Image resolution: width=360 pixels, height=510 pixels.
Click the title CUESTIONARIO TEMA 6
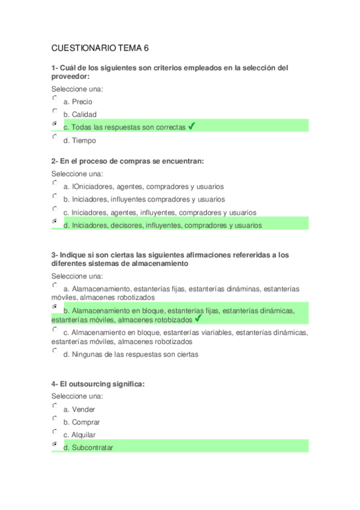[x=100, y=49]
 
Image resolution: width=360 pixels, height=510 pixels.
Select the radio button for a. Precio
[x=55, y=98]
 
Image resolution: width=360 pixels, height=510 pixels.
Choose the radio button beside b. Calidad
[x=55, y=111]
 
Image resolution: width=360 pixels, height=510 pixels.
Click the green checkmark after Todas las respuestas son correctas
[x=191, y=126]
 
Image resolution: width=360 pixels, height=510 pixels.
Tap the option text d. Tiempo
[x=79, y=141]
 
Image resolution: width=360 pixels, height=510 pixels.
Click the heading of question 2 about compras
[x=127, y=161]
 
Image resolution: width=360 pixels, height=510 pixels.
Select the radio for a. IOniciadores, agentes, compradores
[x=55, y=183]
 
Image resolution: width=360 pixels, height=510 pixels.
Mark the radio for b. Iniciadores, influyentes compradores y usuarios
[x=55, y=195]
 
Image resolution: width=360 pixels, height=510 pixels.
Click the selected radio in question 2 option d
[x=55, y=222]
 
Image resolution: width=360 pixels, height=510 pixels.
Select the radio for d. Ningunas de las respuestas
[x=55, y=351]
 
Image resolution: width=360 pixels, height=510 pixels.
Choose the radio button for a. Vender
[x=55, y=406]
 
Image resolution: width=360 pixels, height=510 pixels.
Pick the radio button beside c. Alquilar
[x=55, y=432]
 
